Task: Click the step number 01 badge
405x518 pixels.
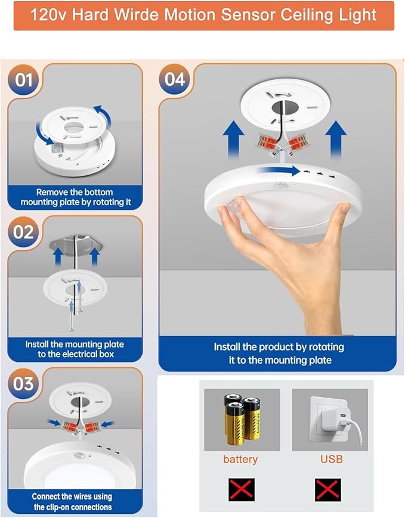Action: [x=23, y=79]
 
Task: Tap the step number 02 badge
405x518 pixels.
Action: [x=23, y=231]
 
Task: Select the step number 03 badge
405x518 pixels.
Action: [x=23, y=383]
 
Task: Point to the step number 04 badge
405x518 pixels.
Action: [x=175, y=79]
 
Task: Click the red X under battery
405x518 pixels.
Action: [x=241, y=490]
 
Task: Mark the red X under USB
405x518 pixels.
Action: [x=328, y=490]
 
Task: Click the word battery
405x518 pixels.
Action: [x=240, y=459]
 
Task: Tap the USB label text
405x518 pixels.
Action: [x=331, y=459]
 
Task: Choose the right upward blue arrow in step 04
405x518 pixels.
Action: [x=337, y=139]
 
